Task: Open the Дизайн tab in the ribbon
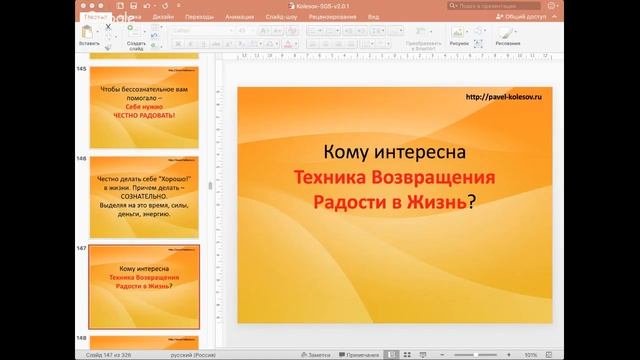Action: (x=163, y=17)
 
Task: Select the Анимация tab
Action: (x=239, y=17)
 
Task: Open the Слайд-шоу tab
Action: (x=281, y=17)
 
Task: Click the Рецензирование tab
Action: (x=334, y=17)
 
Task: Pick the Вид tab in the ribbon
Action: (x=373, y=17)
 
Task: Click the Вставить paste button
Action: (x=89, y=38)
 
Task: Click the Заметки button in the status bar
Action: (x=318, y=353)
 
